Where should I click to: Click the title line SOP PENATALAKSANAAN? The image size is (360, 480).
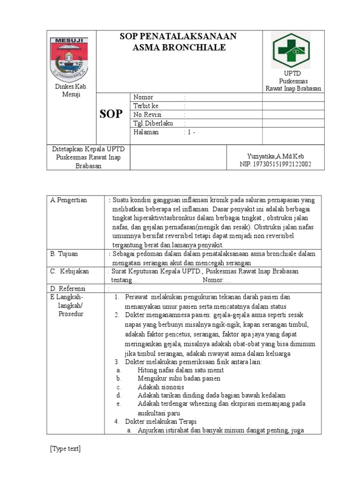click(x=179, y=37)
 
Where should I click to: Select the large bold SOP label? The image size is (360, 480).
click(x=112, y=114)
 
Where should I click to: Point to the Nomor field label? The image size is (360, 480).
click(x=143, y=97)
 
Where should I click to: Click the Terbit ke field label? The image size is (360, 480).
click(x=146, y=106)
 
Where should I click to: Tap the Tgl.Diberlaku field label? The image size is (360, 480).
click(x=153, y=123)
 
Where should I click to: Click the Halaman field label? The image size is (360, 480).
click(x=146, y=132)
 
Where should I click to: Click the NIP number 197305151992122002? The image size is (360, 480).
click(x=275, y=164)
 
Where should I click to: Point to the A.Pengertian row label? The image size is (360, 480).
click(x=69, y=200)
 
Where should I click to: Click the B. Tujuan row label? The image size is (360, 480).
click(x=64, y=254)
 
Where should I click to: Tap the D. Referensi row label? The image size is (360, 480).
click(x=68, y=288)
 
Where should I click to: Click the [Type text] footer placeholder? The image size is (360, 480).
click(x=65, y=449)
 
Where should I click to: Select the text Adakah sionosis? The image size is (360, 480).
click(x=161, y=387)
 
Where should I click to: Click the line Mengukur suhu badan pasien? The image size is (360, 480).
click(x=179, y=378)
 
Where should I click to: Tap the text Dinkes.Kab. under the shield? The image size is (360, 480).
click(x=68, y=87)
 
